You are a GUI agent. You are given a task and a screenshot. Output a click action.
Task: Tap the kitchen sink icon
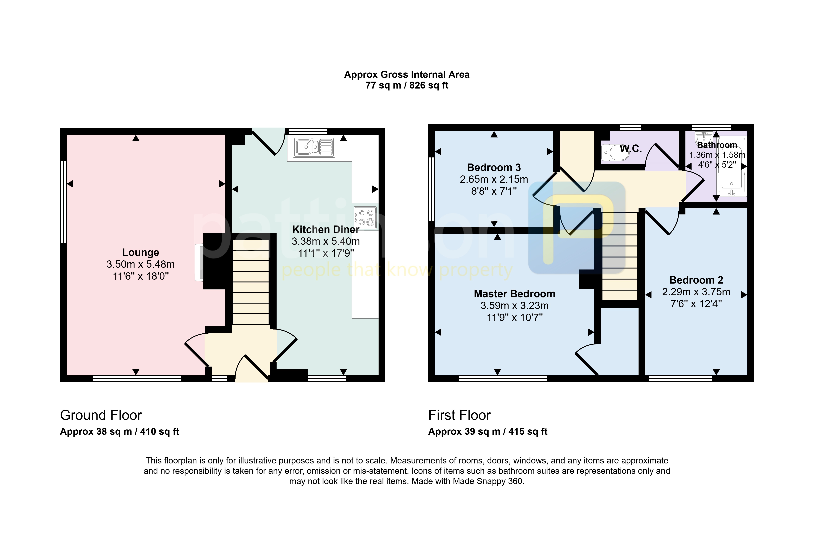click(314, 147)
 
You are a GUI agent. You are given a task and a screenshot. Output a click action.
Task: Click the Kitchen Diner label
click(326, 230)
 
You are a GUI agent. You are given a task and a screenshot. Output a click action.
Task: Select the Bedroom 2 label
click(696, 280)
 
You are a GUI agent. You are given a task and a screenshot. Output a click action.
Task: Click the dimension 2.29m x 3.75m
click(696, 292)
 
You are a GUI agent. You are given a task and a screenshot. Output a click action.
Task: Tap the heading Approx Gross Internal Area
click(407, 75)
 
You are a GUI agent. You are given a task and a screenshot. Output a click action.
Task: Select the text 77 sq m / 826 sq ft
click(407, 85)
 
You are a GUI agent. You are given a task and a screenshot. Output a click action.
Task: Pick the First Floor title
click(459, 415)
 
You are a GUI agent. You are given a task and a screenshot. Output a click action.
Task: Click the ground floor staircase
click(251, 282)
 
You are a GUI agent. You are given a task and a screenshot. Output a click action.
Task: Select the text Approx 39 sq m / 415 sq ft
click(488, 432)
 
